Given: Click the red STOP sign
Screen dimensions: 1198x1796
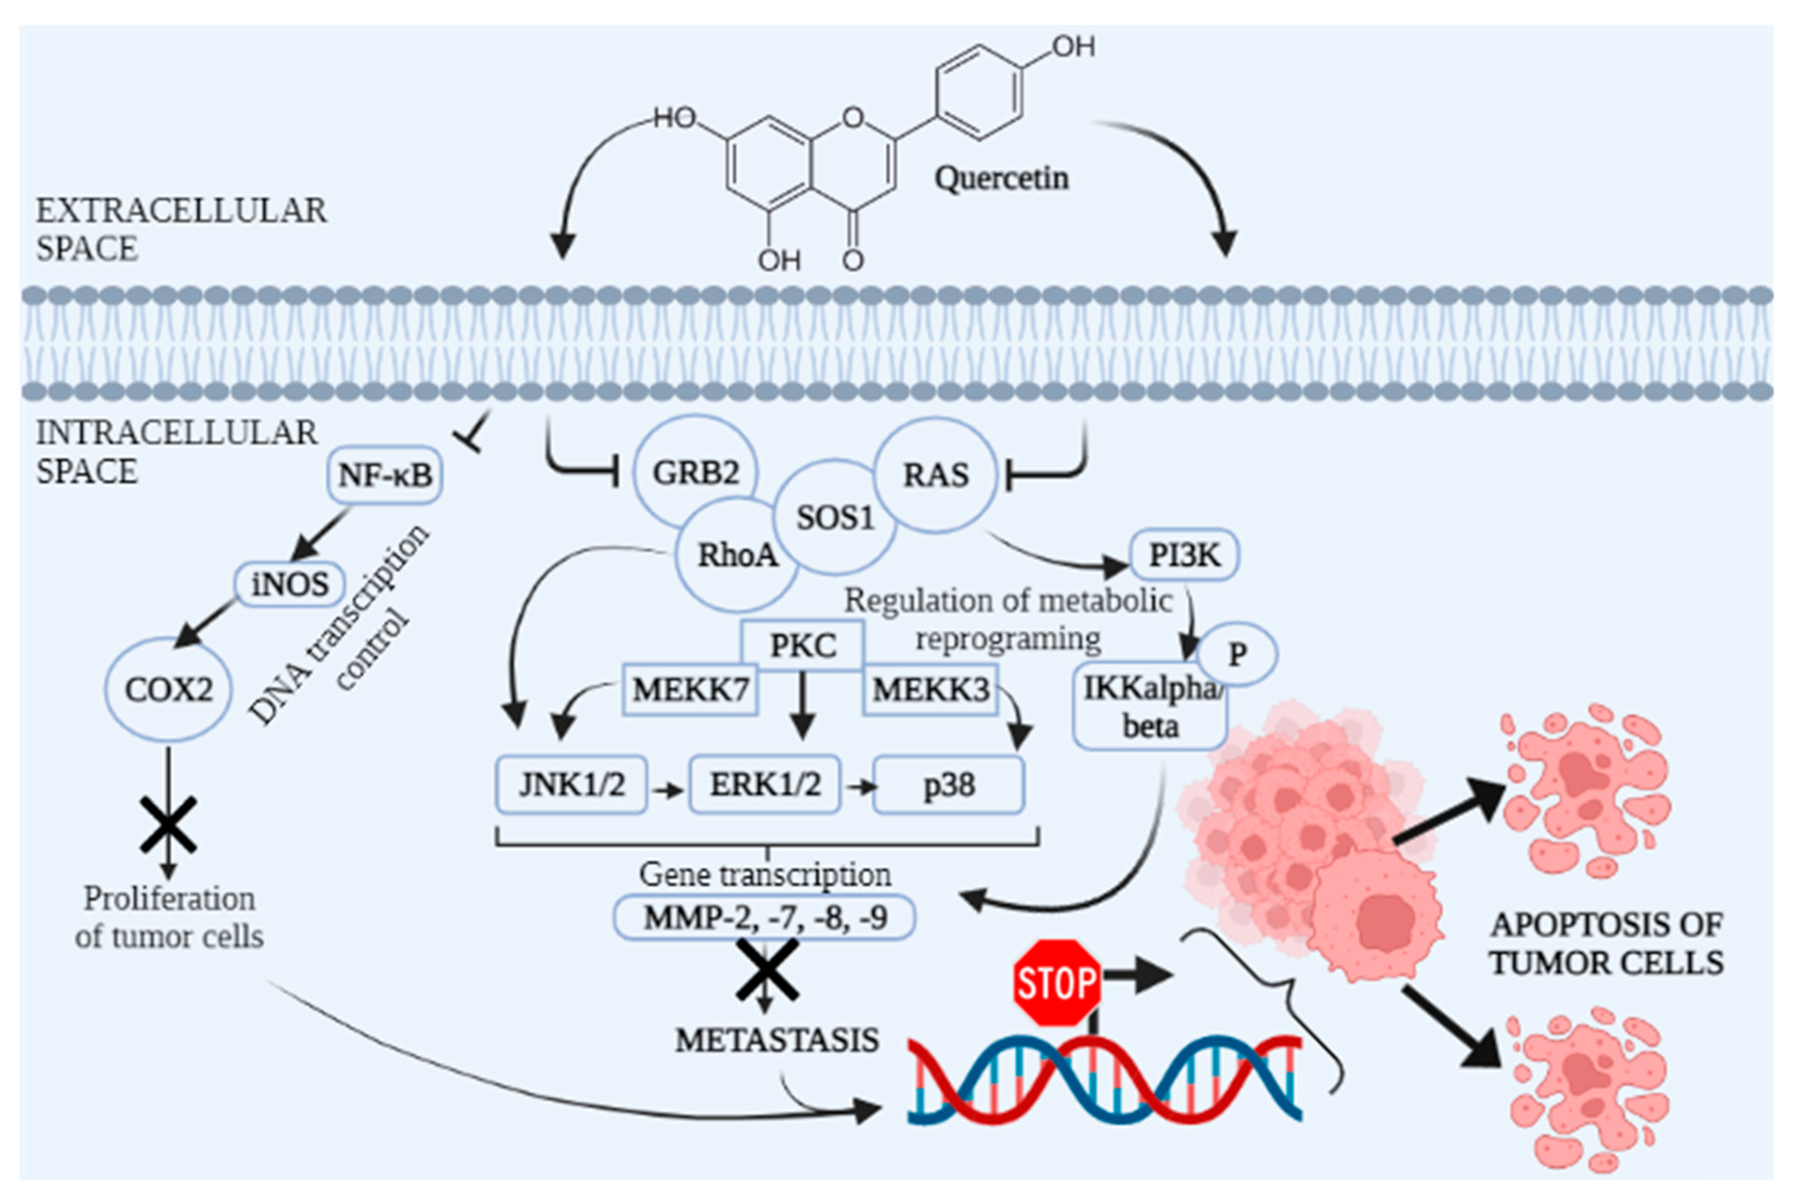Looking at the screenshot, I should (1057, 982).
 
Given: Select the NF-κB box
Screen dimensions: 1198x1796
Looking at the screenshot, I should (385, 475).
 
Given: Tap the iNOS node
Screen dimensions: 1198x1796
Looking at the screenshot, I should (290, 584).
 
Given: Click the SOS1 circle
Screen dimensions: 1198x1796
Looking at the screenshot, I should (835, 518).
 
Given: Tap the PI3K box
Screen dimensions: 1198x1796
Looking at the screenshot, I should (1184, 555).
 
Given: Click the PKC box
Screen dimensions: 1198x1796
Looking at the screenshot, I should (803, 645).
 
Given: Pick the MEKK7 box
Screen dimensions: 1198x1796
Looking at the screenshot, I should (690, 690).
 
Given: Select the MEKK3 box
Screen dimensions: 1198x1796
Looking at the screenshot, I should (930, 690).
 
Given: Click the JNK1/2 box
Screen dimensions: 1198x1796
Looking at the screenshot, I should (572, 785).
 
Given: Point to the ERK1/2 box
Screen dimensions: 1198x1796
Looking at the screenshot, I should (765, 785).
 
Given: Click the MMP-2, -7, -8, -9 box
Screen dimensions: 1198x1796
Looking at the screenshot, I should (764, 917).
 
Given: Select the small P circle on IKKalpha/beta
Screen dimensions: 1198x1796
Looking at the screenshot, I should (1236, 654).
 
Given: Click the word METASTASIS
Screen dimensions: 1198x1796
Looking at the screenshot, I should (776, 1040).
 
